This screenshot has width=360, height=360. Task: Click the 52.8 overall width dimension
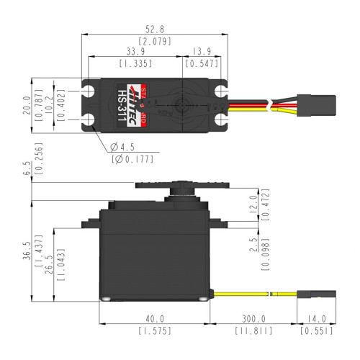pyautogui.click(x=156, y=30)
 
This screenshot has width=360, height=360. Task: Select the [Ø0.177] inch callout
pyautogui.click(x=133, y=160)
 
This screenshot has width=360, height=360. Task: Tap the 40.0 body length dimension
pyautogui.click(x=154, y=319)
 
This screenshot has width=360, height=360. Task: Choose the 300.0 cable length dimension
pyautogui.click(x=253, y=319)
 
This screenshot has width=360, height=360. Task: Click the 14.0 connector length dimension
pyautogui.click(x=316, y=319)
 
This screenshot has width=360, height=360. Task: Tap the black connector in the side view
pyautogui.click(x=316, y=294)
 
